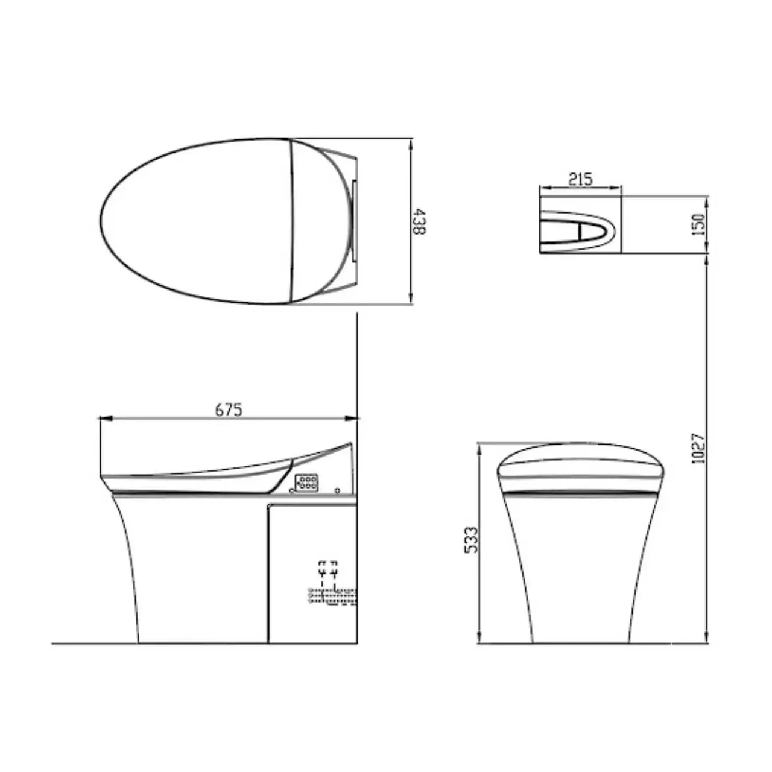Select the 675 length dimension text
229,410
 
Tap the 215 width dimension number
580,179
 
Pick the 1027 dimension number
698,448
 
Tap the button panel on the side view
306,481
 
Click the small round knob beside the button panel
338,489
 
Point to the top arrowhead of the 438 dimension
411,145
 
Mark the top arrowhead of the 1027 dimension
706,258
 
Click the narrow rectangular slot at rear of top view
354,221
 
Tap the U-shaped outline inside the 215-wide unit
579,230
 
